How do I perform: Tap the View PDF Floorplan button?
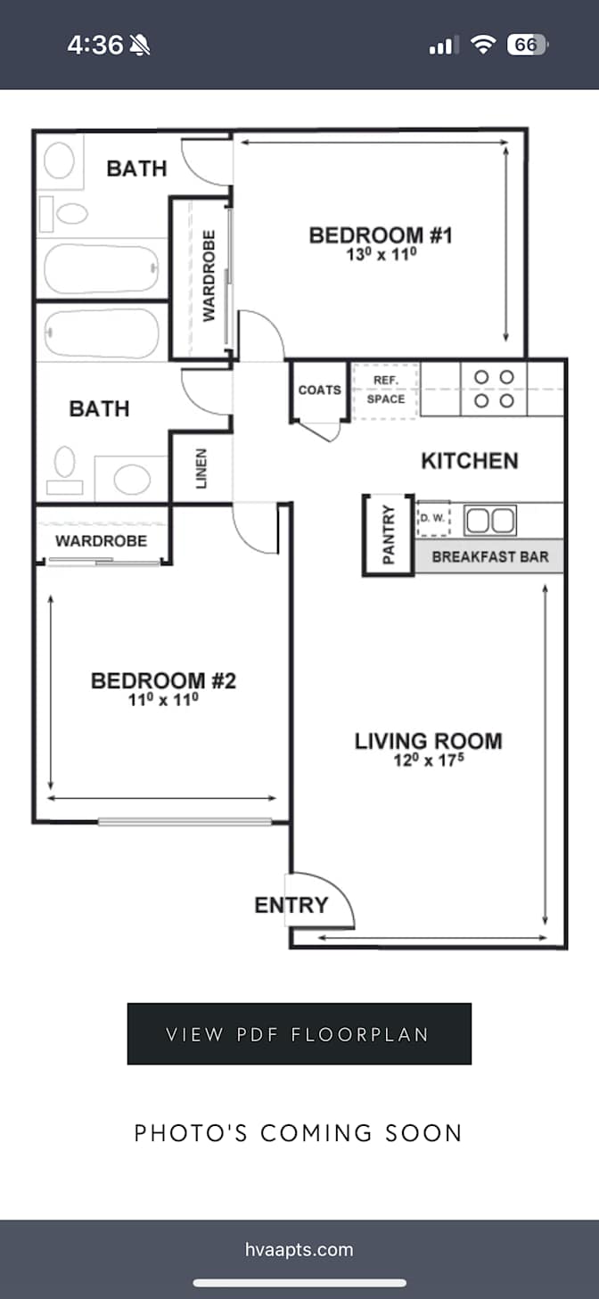tap(299, 1033)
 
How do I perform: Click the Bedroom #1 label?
tap(381, 235)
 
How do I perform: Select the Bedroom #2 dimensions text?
tap(163, 699)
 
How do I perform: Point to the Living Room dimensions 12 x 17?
tap(429, 760)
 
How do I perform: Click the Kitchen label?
tap(470, 461)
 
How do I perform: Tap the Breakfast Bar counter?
tap(488, 556)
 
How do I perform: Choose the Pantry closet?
tap(389, 535)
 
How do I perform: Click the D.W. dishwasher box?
tap(433, 518)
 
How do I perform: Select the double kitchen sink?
tap(489, 520)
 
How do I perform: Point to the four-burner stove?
tap(494, 389)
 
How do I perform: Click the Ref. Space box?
tap(386, 391)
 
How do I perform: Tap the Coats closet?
tap(319, 391)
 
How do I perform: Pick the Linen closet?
tap(201, 469)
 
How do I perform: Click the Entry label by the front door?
tap(291, 905)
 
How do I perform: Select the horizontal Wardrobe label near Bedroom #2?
tap(101, 541)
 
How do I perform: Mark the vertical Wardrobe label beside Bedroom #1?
tap(209, 276)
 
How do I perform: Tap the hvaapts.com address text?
tap(299, 1249)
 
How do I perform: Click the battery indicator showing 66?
tap(527, 45)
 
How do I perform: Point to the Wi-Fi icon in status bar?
tap(483, 45)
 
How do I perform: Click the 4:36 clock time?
tap(95, 45)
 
